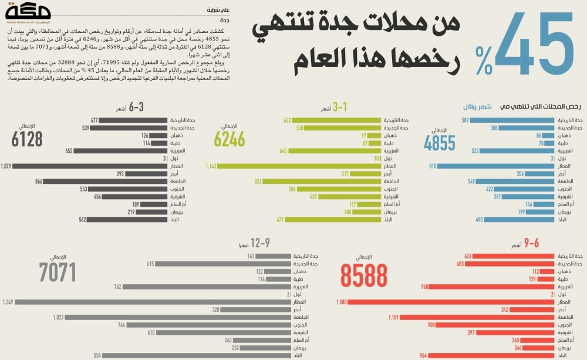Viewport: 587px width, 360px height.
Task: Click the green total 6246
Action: (x=229, y=139)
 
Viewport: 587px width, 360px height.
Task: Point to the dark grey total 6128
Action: (x=27, y=139)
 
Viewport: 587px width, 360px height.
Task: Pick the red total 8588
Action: (x=364, y=275)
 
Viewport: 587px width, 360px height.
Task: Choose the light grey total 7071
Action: (x=58, y=272)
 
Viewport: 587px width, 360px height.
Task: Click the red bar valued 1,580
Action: (x=452, y=302)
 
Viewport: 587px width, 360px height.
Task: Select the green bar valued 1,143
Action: (x=299, y=166)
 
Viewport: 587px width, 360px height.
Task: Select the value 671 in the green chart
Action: (x=281, y=220)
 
